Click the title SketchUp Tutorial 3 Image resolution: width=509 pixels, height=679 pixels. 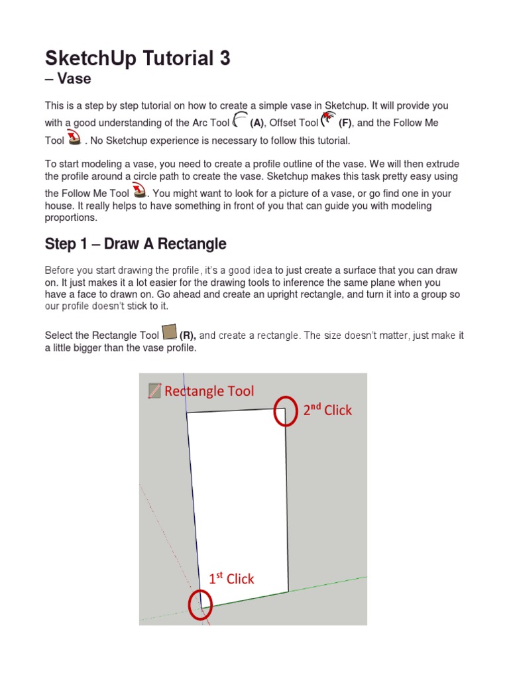click(x=137, y=58)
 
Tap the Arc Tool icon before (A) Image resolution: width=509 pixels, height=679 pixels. click(x=241, y=120)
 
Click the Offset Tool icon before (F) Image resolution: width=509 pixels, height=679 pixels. click(x=328, y=120)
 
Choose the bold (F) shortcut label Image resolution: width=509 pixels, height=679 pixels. click(x=345, y=123)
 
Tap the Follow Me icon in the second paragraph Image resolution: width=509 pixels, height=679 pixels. click(x=139, y=192)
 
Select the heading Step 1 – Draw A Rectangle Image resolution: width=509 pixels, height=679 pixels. click(x=135, y=244)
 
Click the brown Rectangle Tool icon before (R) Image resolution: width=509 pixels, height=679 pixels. click(x=169, y=332)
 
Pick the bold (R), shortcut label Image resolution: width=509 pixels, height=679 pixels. click(x=188, y=336)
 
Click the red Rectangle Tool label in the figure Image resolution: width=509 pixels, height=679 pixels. click(x=209, y=391)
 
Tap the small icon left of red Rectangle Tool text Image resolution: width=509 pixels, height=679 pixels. click(x=154, y=391)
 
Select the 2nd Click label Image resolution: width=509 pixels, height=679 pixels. click(x=327, y=410)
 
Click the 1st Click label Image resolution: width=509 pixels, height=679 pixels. click(x=231, y=578)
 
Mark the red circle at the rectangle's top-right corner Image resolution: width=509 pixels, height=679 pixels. click(x=286, y=411)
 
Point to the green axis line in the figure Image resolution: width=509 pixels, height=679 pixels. click(x=331, y=583)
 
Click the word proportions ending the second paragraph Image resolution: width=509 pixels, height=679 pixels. click(x=70, y=217)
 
